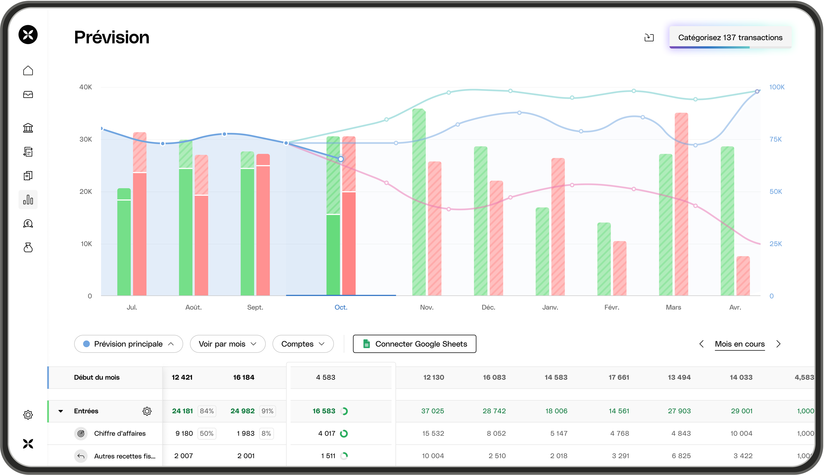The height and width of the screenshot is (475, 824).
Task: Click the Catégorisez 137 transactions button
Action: [x=730, y=38]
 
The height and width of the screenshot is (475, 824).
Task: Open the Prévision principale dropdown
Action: [x=128, y=344]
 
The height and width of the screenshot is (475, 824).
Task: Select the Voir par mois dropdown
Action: [x=227, y=344]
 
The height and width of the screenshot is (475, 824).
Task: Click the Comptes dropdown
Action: [x=303, y=344]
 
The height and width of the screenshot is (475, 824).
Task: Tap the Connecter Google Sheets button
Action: [x=414, y=344]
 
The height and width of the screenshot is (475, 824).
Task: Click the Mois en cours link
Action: [x=740, y=344]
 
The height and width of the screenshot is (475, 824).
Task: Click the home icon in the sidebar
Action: [x=28, y=71]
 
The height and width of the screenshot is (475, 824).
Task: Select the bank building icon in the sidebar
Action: [x=28, y=128]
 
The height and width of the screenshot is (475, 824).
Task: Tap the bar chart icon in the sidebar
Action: [x=28, y=199]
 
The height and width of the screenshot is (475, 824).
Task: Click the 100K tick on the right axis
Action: [x=777, y=87]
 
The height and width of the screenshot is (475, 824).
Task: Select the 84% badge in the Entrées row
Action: [x=207, y=411]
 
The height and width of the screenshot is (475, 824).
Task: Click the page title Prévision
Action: [x=112, y=37]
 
